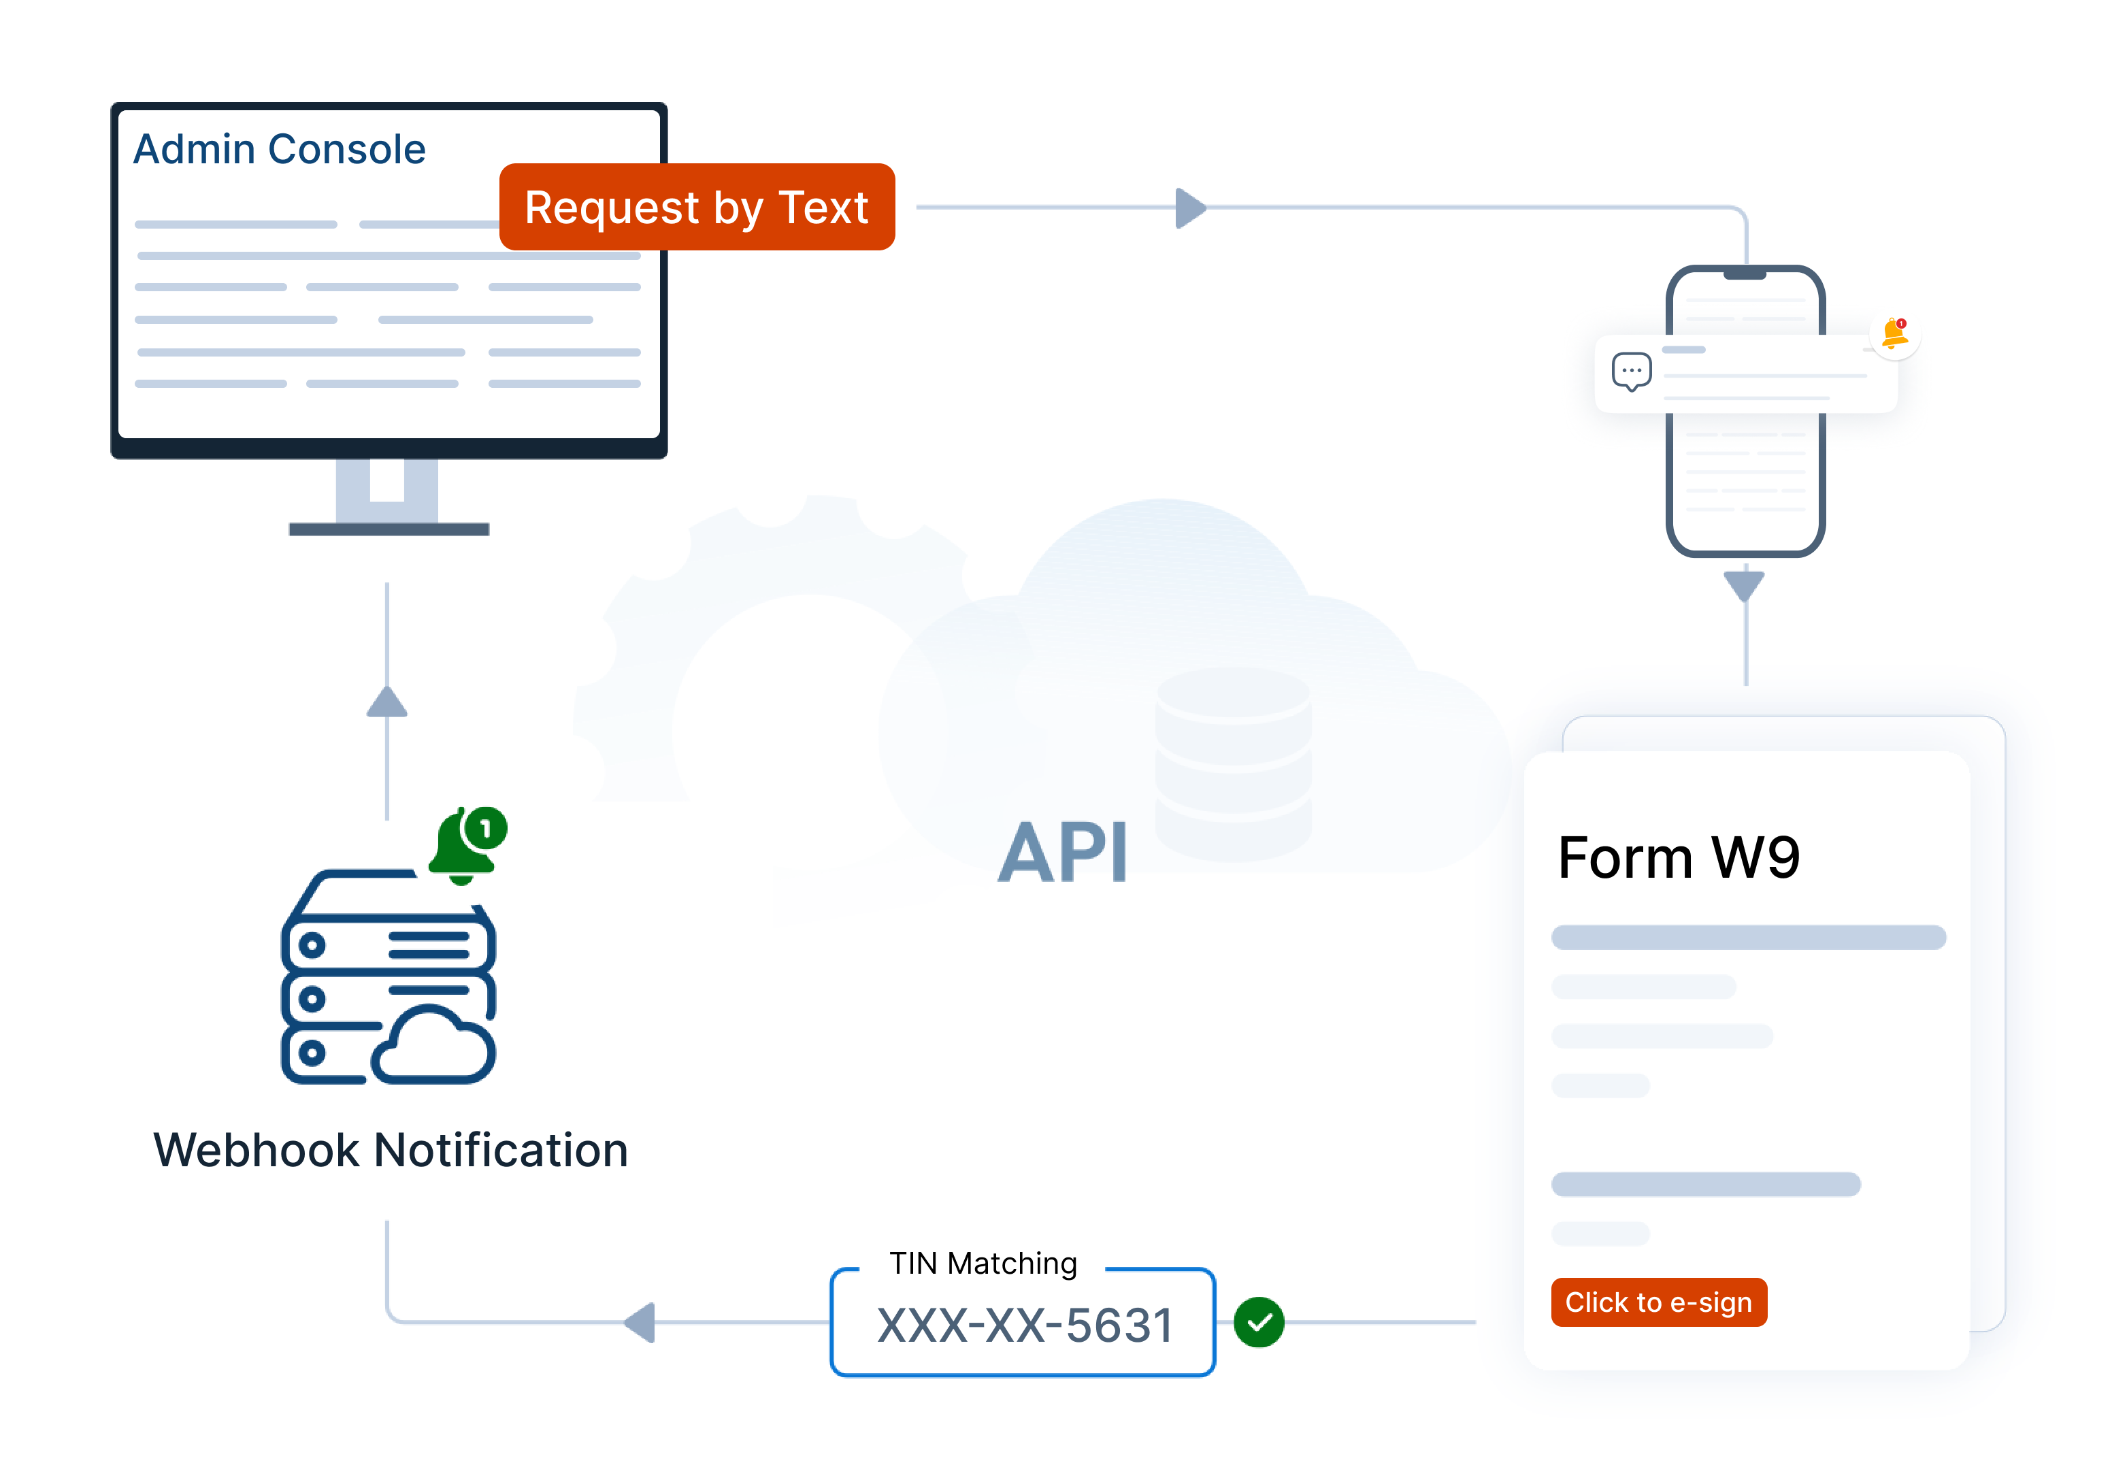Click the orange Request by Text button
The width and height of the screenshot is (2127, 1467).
696,207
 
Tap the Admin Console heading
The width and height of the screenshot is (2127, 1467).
280,149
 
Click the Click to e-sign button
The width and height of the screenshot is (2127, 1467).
1658,1302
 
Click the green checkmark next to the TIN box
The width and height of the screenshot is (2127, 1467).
1258,1322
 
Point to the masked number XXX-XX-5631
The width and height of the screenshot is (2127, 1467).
1024,1325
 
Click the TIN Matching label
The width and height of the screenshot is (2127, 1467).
982,1264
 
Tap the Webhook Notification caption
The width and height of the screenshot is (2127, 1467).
391,1150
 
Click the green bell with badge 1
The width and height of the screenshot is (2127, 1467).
467,844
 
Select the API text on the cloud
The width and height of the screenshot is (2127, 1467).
1063,852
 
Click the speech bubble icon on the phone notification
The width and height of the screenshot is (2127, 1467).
1631,372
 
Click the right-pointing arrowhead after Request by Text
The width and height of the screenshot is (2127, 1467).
1189,208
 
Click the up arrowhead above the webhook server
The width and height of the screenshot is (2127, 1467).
387,702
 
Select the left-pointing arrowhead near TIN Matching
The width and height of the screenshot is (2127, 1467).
641,1322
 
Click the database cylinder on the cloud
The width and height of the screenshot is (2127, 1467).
1233,763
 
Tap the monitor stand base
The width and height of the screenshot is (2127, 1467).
389,529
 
